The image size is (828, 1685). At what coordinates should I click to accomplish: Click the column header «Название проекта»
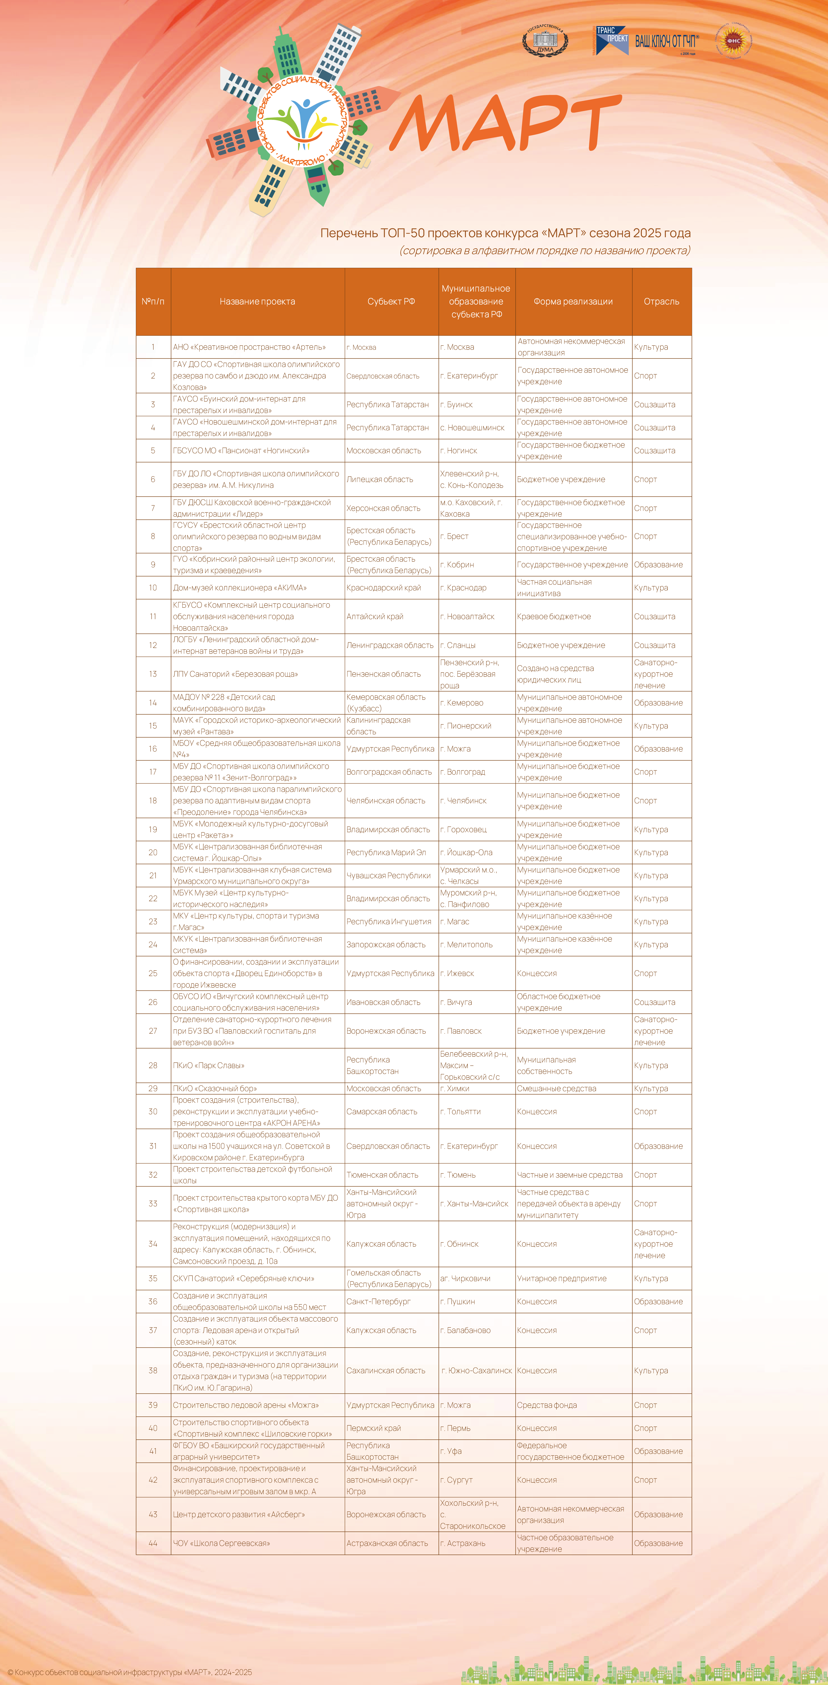(x=257, y=302)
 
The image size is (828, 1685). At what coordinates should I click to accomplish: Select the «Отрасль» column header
(x=661, y=302)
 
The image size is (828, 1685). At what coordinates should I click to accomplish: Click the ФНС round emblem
(x=733, y=41)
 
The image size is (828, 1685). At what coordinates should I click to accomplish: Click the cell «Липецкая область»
(x=380, y=479)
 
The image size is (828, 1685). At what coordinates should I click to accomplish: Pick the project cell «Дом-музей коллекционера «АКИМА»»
(x=240, y=587)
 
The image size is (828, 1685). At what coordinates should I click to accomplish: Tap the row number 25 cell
(x=153, y=973)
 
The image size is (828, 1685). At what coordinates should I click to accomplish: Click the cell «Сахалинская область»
(x=385, y=1370)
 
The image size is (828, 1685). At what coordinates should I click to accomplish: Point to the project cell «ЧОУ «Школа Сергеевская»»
(x=221, y=1543)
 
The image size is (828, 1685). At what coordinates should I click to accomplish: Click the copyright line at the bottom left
(x=130, y=1672)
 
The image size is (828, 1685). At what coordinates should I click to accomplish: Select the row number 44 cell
(x=153, y=1543)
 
